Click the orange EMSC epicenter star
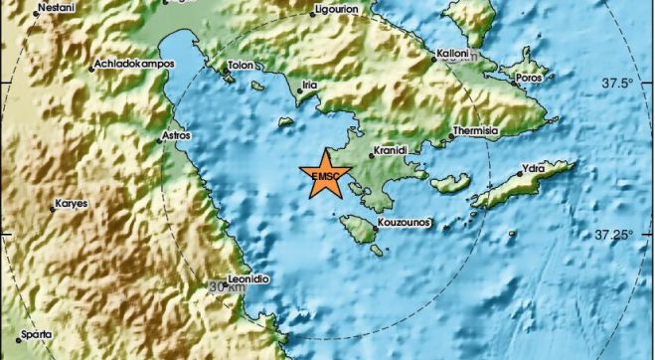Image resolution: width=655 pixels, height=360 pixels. (x=325, y=175)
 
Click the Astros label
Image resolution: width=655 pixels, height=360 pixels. (x=176, y=132)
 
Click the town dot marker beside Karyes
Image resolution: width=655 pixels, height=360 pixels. (x=53, y=209)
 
